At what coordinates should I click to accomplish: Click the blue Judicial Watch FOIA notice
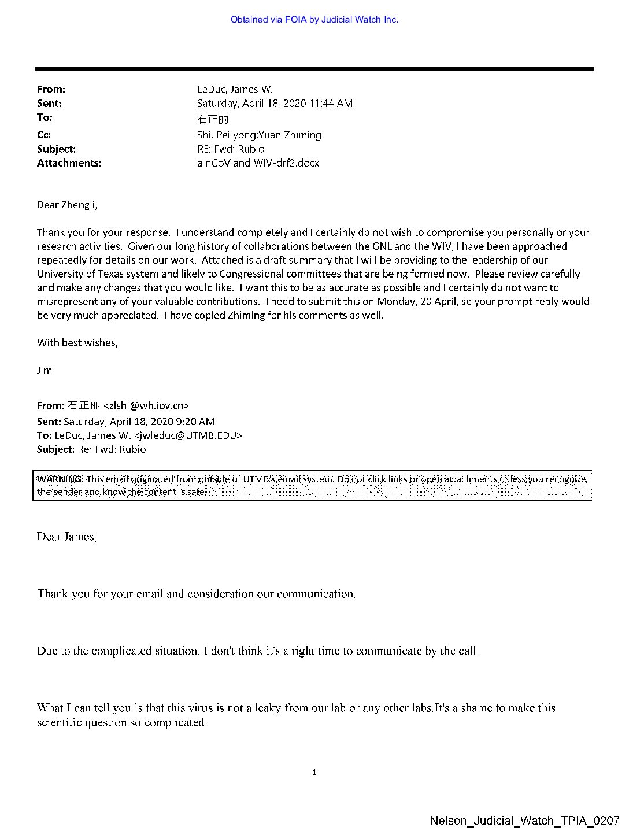pos(314,20)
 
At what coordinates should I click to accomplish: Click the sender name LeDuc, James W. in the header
pos(235,89)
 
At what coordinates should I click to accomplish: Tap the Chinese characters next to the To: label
pos(213,119)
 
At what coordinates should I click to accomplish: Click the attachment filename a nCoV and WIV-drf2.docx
pos(258,163)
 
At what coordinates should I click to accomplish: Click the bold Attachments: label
pos(69,163)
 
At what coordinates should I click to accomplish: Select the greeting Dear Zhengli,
pos(67,205)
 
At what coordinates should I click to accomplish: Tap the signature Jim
pos(45,370)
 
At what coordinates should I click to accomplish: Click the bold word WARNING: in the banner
pos(60,479)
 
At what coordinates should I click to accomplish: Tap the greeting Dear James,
pos(66,537)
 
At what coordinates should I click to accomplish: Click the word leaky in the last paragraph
pos(268,708)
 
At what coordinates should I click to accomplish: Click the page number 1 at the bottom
pos(314,773)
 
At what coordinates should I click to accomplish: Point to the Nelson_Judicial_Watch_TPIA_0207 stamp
pos(524,821)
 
